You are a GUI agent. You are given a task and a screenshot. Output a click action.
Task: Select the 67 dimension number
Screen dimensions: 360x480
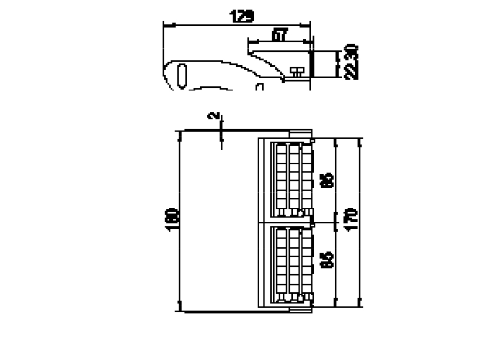279,35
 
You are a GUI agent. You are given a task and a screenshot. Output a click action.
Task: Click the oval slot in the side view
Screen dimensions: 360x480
182,75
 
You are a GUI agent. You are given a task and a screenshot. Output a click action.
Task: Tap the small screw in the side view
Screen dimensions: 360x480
297,72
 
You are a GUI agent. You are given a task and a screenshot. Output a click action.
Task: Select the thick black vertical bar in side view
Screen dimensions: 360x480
311,64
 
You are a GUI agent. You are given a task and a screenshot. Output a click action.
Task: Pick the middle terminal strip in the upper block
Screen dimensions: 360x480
294,179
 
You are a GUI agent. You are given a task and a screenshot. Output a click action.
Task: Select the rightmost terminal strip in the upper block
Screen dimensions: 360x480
306,179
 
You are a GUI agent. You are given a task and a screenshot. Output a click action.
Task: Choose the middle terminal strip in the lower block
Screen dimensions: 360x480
294,263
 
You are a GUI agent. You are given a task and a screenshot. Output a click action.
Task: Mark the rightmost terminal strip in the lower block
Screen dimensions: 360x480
306,263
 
